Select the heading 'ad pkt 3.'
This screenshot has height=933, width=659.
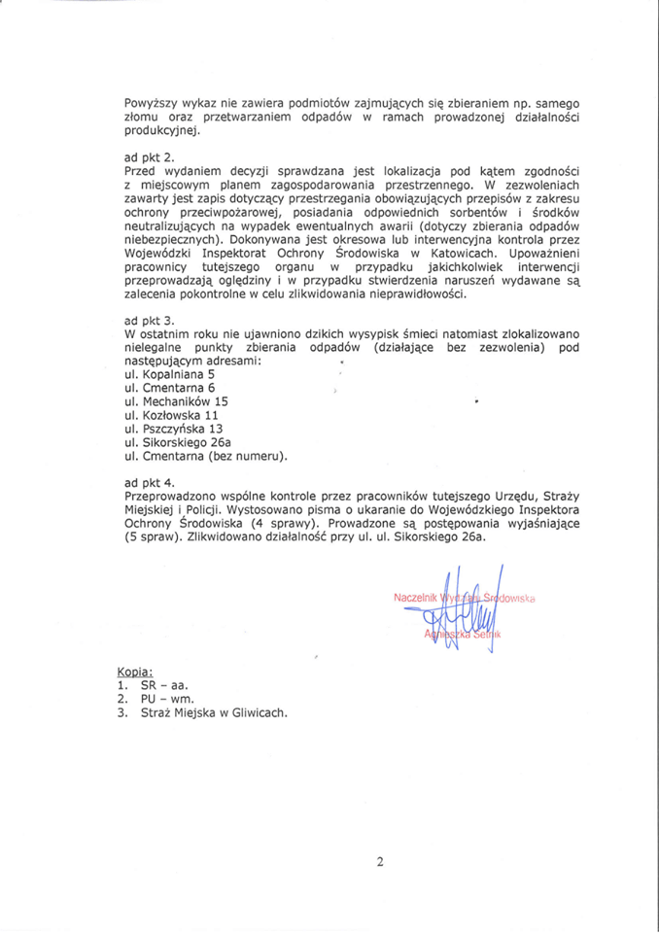point(150,320)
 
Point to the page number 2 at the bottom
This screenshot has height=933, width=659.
point(381,861)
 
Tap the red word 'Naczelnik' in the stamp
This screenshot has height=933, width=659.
point(416,597)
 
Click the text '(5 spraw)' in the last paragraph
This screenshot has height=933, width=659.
point(156,536)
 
